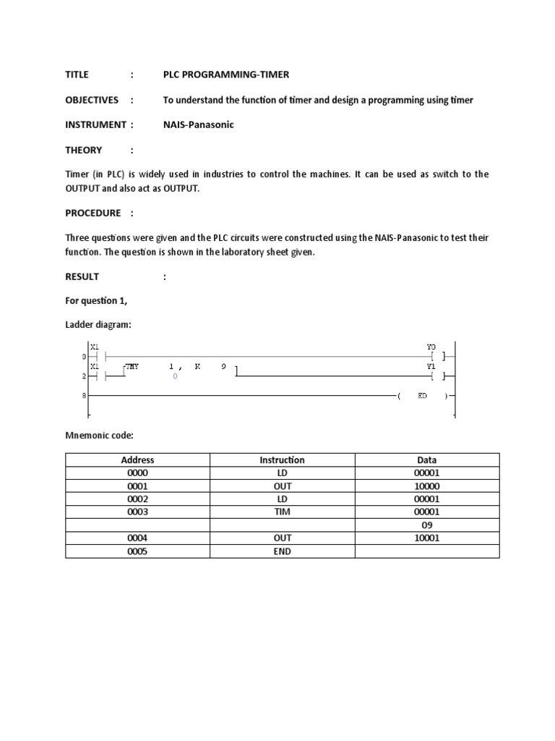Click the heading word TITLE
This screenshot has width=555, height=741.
77,75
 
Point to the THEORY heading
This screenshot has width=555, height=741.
84,150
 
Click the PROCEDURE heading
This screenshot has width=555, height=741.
93,213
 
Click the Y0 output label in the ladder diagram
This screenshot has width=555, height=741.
431,347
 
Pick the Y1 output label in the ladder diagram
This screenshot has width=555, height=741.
431,366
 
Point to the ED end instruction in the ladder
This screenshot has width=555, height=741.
423,396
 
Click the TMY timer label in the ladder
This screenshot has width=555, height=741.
132,367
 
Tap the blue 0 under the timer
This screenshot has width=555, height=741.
175,376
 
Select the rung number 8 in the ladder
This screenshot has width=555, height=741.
84,396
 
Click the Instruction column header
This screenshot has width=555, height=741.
282,460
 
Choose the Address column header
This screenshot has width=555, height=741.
137,460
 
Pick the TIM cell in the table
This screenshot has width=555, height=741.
282,512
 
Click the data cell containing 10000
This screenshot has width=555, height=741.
426,486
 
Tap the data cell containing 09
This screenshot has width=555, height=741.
426,525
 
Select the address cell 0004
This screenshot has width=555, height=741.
137,538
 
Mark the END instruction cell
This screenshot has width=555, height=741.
282,551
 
